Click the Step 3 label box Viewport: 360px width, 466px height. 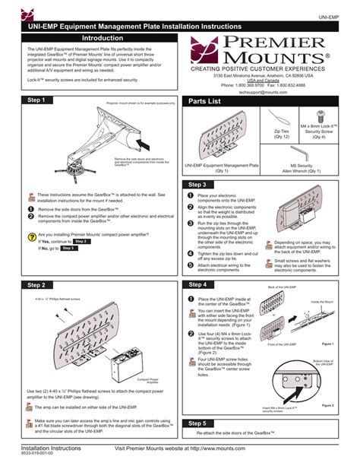(x=197, y=185)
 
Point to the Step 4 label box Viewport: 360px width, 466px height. (x=197, y=284)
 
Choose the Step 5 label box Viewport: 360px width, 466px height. (x=197, y=423)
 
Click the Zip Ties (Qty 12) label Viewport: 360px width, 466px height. (x=280, y=134)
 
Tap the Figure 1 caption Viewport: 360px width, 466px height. (x=327, y=344)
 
